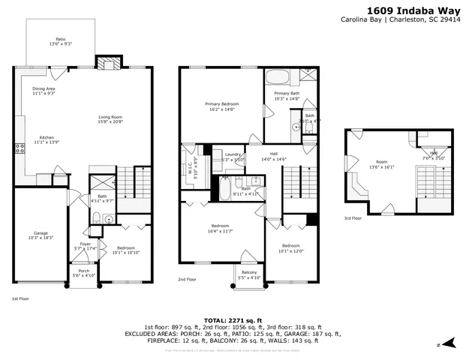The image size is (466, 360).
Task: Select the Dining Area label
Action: click(x=44, y=91)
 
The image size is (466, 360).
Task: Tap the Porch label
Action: click(x=84, y=273)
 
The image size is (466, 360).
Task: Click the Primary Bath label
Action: click(x=286, y=95)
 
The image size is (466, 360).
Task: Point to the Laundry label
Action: click(x=233, y=157)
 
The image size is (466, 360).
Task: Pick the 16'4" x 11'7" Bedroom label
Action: click(x=220, y=228)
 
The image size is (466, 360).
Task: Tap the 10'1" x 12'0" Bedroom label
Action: click(x=290, y=248)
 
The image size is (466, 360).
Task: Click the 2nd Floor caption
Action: click(x=187, y=279)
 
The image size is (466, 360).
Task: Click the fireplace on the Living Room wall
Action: click(x=107, y=63)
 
